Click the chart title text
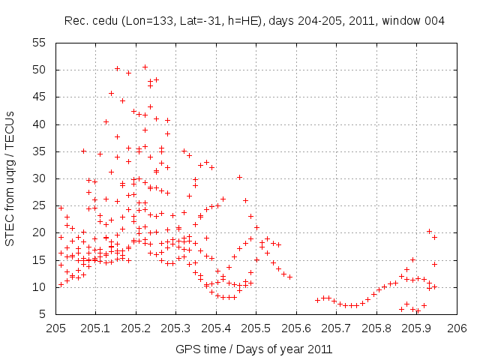tap(254, 21)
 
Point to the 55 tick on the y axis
tap(44, 43)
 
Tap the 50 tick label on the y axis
tap(44, 70)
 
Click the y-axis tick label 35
tap(44, 151)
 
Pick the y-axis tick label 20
tap(44, 232)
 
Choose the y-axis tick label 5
tap(47, 313)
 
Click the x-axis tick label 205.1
tap(96, 328)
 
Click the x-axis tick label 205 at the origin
tap(56, 328)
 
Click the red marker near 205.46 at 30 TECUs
tap(239, 178)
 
